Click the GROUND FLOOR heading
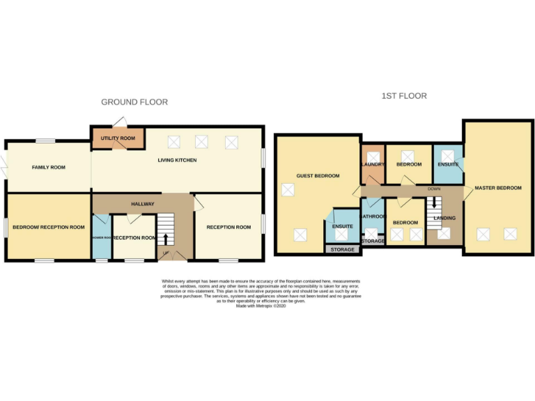pos(134,102)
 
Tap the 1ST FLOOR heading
pos(404,95)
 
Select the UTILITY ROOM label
pos(118,139)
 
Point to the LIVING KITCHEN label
pos(176,160)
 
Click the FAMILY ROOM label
pos(48,167)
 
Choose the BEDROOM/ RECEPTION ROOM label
pos(48,227)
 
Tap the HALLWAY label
pos(142,203)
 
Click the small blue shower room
pos(101,237)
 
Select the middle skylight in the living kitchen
pos(201,142)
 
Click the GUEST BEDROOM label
pos(318,175)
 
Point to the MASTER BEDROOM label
pos(497,188)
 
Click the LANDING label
pos(444,218)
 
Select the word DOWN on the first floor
pos(434,189)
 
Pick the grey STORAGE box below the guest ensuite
pos(342,249)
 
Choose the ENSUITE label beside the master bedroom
pos(447,164)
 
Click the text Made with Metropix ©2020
pos(261,306)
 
